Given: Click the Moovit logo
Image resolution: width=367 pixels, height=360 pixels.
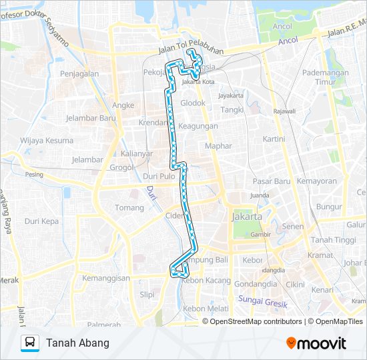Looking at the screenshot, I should pyautogui.click(x=316, y=343).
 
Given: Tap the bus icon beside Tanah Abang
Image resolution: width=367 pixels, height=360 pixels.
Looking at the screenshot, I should pyautogui.click(x=30, y=343).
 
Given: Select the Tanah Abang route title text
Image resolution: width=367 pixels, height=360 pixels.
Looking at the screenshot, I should pyautogui.click(x=77, y=343).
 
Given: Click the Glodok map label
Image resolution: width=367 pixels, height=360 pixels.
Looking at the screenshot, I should pyautogui.click(x=194, y=103).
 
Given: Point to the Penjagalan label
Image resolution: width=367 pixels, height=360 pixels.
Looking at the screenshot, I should pyautogui.click(x=79, y=73).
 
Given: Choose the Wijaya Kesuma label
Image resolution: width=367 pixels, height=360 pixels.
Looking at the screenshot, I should pyautogui.click(x=47, y=140).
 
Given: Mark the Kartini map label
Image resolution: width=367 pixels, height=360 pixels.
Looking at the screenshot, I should pyautogui.click(x=274, y=139).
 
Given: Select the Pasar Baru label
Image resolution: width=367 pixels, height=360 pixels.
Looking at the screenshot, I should pyautogui.click(x=272, y=181).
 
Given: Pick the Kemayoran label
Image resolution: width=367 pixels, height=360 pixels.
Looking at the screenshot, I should pyautogui.click(x=317, y=181).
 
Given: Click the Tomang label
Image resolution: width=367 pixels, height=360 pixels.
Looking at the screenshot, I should pyautogui.click(x=129, y=208).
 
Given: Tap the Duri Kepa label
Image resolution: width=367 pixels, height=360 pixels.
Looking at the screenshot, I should pyautogui.click(x=41, y=221).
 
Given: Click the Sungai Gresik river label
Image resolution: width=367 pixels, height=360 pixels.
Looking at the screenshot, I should pyautogui.click(x=263, y=301).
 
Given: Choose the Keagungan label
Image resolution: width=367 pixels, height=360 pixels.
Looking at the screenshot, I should pyautogui.click(x=198, y=126).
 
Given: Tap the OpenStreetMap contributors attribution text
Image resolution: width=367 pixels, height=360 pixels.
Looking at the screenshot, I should pyautogui.click(x=256, y=321).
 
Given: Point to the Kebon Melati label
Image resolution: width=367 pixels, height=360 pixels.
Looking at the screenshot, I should pyautogui.click(x=206, y=309).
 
